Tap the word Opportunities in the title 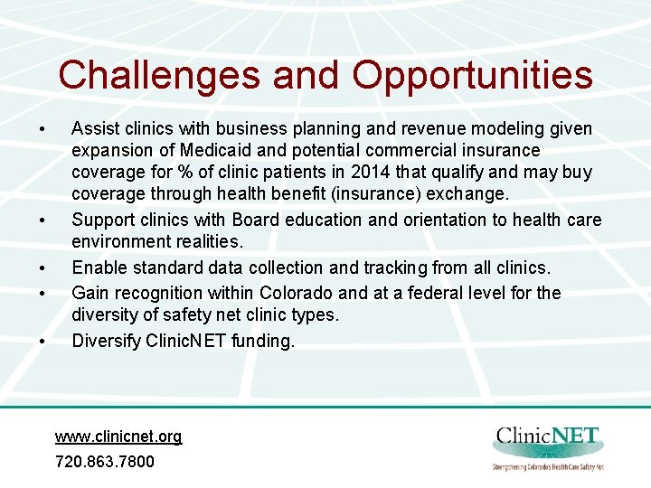click(x=472, y=75)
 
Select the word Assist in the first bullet click(x=94, y=129)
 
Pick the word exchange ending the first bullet click(x=472, y=193)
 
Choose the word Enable click(x=98, y=267)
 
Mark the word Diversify click(x=105, y=341)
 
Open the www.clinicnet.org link click(x=118, y=436)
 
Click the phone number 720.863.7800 click(x=105, y=461)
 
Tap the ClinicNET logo click(x=548, y=446)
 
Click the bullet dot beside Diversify click(x=42, y=342)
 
